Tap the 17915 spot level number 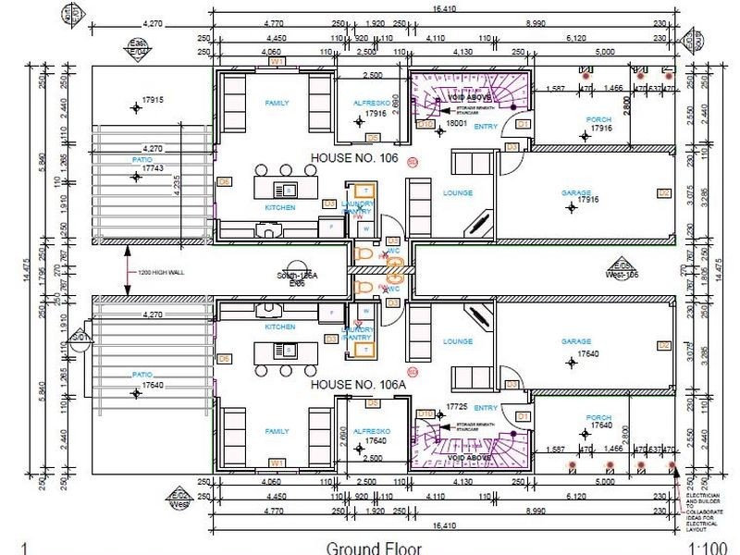pos(153,99)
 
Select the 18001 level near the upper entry pos(454,122)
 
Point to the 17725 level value pos(454,406)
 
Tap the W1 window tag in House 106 pos(276,62)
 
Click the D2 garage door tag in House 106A pos(663,345)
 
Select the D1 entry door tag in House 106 pos(522,123)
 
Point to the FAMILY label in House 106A pos(277,431)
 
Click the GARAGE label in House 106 pos(576,192)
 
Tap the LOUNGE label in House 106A pos(458,341)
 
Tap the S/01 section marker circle pos(80,336)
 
